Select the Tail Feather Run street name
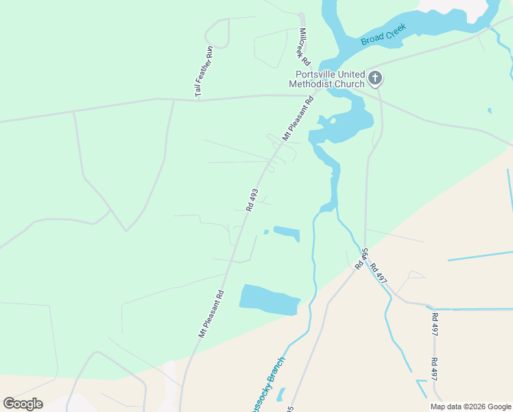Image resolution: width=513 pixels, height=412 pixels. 204,71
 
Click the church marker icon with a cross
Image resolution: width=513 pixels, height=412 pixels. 374,78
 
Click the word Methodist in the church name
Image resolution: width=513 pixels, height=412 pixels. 310,84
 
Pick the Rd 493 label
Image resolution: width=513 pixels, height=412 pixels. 252,200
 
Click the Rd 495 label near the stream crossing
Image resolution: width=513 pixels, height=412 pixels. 361,259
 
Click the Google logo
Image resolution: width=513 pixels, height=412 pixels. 23,404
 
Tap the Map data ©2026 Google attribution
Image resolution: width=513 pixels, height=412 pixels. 470,407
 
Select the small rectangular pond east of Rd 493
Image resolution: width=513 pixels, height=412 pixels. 287,233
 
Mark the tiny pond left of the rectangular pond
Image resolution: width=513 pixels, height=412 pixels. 266,231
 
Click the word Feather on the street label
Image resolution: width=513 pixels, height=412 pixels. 204,71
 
